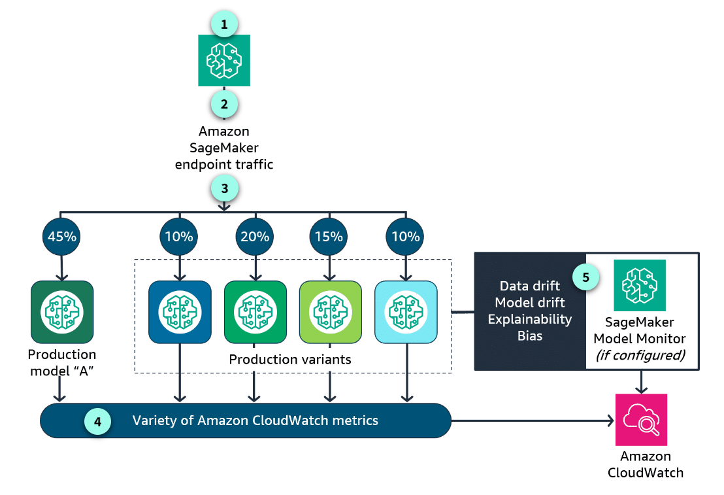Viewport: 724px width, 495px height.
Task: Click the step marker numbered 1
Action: (x=224, y=26)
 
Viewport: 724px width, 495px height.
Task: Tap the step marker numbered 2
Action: (x=224, y=103)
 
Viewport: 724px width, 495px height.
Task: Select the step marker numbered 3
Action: (x=224, y=188)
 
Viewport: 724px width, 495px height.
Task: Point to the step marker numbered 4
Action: (x=97, y=422)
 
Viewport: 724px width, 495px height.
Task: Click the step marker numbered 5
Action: (x=585, y=277)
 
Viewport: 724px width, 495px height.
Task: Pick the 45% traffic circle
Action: (x=61, y=237)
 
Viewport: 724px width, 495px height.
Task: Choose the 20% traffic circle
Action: (x=255, y=237)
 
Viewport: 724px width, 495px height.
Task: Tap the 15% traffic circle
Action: (x=330, y=237)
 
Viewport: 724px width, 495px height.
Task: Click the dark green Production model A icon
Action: (x=62, y=313)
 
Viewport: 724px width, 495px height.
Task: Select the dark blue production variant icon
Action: (x=180, y=312)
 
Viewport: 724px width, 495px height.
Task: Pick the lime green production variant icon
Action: (x=330, y=312)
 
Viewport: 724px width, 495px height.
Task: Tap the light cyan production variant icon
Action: (x=406, y=312)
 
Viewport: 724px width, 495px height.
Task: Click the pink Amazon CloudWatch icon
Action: (x=642, y=419)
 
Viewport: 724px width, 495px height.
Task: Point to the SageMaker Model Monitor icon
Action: (x=639, y=286)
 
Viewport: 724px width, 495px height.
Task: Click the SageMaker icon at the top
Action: (x=224, y=60)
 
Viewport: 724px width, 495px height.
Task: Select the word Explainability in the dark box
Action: (x=530, y=319)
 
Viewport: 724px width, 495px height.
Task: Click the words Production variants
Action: (x=290, y=360)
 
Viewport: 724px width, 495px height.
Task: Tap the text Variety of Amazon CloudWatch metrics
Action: (x=255, y=420)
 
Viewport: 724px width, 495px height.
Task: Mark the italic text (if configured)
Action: (x=640, y=356)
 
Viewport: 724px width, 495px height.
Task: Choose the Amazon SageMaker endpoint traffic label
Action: (x=224, y=148)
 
